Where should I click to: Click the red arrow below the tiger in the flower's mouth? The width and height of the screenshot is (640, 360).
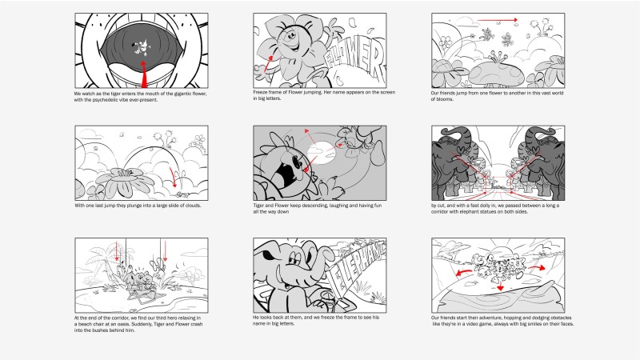pyautogui.click(x=143, y=74)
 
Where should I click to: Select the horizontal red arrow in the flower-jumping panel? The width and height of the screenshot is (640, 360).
pyautogui.click(x=498, y=19)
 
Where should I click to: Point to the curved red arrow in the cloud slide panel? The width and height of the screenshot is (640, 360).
pyautogui.click(x=174, y=177)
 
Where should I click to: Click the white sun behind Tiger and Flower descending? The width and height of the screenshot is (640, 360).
pyautogui.click(x=322, y=153)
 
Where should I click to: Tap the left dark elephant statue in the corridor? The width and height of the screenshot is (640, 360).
pyautogui.click(x=454, y=163)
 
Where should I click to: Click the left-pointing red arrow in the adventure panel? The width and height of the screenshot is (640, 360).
pyautogui.click(x=464, y=272)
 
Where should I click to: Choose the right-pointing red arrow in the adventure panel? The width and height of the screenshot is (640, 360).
pyautogui.click(x=537, y=268)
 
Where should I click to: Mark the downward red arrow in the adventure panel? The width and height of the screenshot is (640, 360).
pyautogui.click(x=501, y=286)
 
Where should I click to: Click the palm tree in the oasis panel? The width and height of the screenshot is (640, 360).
pyautogui.click(x=99, y=262)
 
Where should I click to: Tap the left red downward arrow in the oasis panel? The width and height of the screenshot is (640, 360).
pyautogui.click(x=117, y=251)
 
